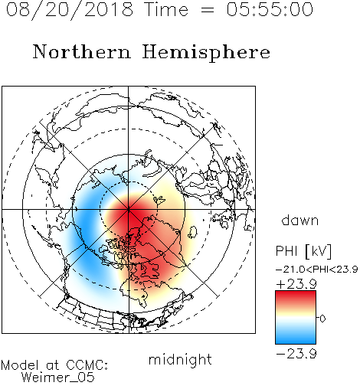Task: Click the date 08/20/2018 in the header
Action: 70,10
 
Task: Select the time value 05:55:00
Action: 270,9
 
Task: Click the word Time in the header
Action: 166,9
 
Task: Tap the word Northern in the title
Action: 82,51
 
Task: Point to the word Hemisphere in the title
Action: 206,53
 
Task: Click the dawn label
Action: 300,220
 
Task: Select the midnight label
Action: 180,359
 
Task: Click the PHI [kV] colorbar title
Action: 303,251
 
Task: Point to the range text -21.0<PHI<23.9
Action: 316,270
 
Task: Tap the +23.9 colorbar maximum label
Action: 296,284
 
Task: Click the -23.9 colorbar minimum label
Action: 296,354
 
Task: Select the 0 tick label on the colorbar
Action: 322,319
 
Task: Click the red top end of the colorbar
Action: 296,293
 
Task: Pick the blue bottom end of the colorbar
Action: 296,341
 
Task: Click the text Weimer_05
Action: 58,378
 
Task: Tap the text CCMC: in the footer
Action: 87,365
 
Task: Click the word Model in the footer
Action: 21,365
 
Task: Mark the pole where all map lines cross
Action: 129,209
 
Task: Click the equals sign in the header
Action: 208,10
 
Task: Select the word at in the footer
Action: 52,365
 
